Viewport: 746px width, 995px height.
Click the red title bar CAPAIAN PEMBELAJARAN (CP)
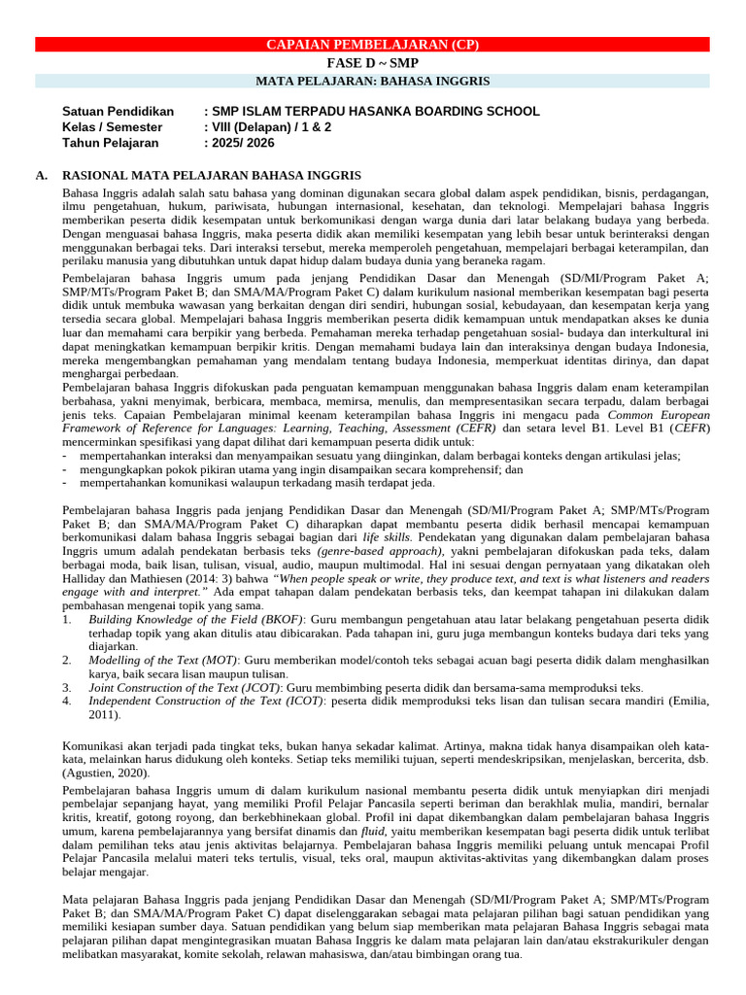pyautogui.click(x=373, y=45)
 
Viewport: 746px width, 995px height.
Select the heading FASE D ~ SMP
pyautogui.click(x=373, y=62)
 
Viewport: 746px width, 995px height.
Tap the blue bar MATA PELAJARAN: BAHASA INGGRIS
pyautogui.click(x=373, y=81)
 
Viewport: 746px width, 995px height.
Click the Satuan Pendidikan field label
pyautogui.click(x=118, y=112)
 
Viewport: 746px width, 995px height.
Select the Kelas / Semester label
pyautogui.click(x=112, y=127)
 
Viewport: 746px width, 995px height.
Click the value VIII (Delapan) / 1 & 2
pyautogui.click(x=267, y=127)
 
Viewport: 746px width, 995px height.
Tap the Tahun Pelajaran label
pyautogui.click(x=110, y=143)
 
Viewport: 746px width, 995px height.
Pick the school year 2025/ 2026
pyautogui.click(x=240, y=143)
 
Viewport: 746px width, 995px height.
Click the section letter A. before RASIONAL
pyautogui.click(x=41, y=175)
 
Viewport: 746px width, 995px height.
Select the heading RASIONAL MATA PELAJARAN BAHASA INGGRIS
pyautogui.click(x=212, y=175)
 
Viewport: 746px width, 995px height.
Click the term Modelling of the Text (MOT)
pyautogui.click(x=168, y=660)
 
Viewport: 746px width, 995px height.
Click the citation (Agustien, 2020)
pyautogui.click(x=106, y=773)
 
